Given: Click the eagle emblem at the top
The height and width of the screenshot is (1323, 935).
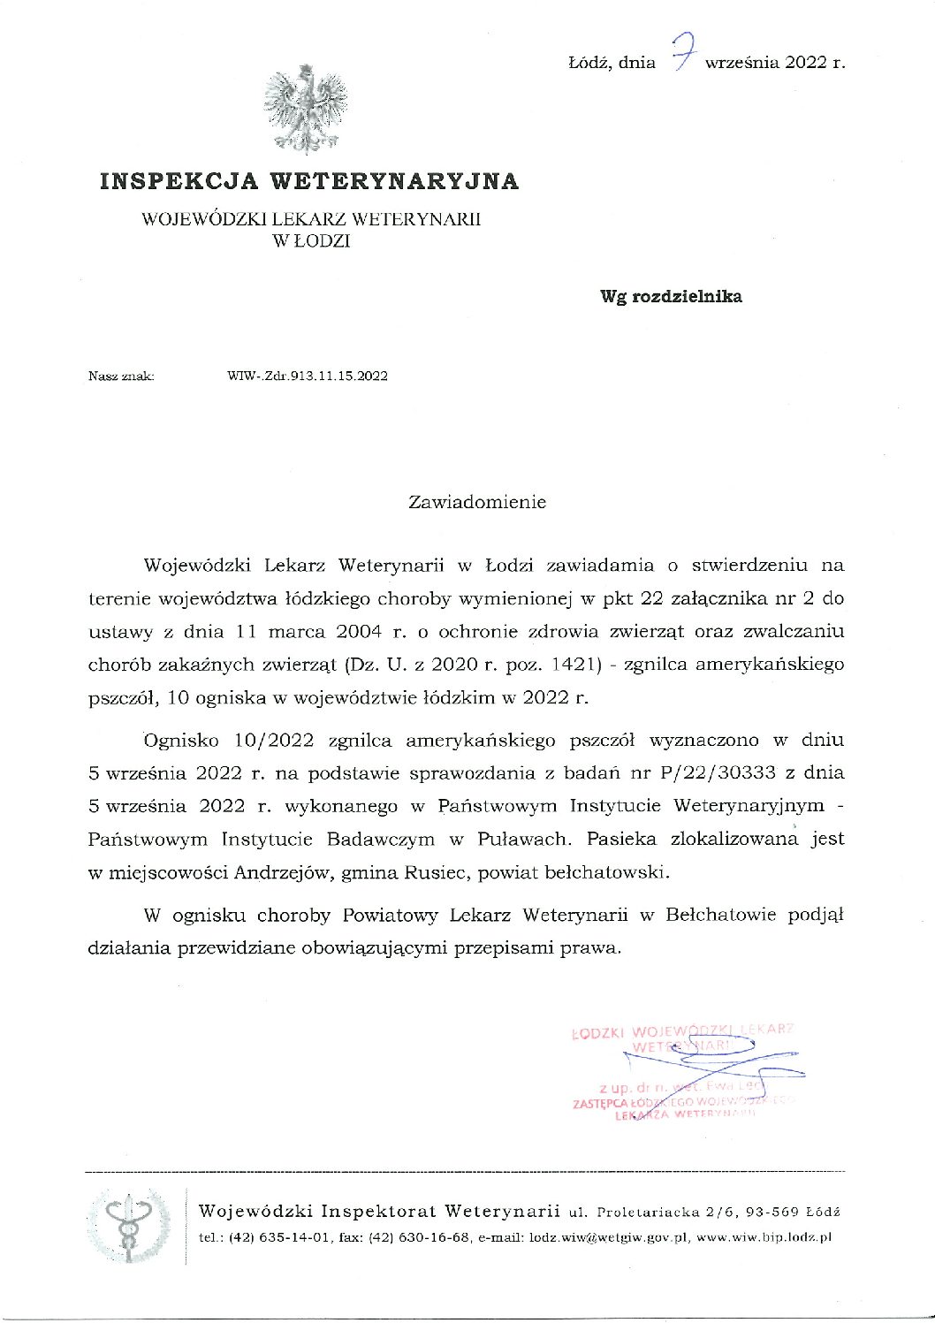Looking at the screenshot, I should tap(304, 108).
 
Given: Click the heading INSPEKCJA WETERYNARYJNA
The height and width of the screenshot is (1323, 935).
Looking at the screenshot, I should tap(309, 181).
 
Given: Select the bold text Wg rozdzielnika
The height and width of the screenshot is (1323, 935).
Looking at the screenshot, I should tap(671, 297).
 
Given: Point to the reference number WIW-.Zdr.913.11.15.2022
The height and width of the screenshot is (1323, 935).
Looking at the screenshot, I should tap(307, 376).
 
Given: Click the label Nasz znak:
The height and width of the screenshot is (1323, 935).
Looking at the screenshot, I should tap(121, 376).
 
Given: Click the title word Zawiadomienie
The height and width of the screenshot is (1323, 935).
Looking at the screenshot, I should tap(477, 502).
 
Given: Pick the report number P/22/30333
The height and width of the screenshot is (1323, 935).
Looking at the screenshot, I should tap(717, 772).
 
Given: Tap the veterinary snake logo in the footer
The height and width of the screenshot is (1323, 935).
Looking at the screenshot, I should tap(129, 1224).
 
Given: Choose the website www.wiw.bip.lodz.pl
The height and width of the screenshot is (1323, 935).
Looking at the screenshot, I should tap(764, 1238).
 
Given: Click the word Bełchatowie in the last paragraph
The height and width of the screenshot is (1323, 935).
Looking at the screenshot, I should tap(717, 915).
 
